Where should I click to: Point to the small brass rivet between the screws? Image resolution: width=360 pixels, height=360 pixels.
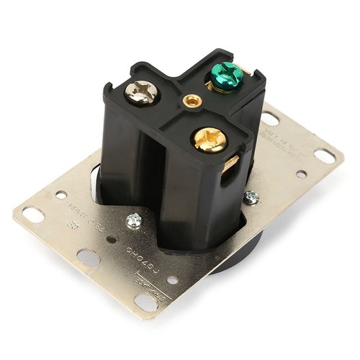click(191, 101)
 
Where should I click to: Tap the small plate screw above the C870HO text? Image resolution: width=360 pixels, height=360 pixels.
click(135, 220)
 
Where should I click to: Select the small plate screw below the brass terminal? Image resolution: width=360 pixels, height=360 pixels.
click(251, 197)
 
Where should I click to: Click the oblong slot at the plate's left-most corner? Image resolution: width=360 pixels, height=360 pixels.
click(32, 213)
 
